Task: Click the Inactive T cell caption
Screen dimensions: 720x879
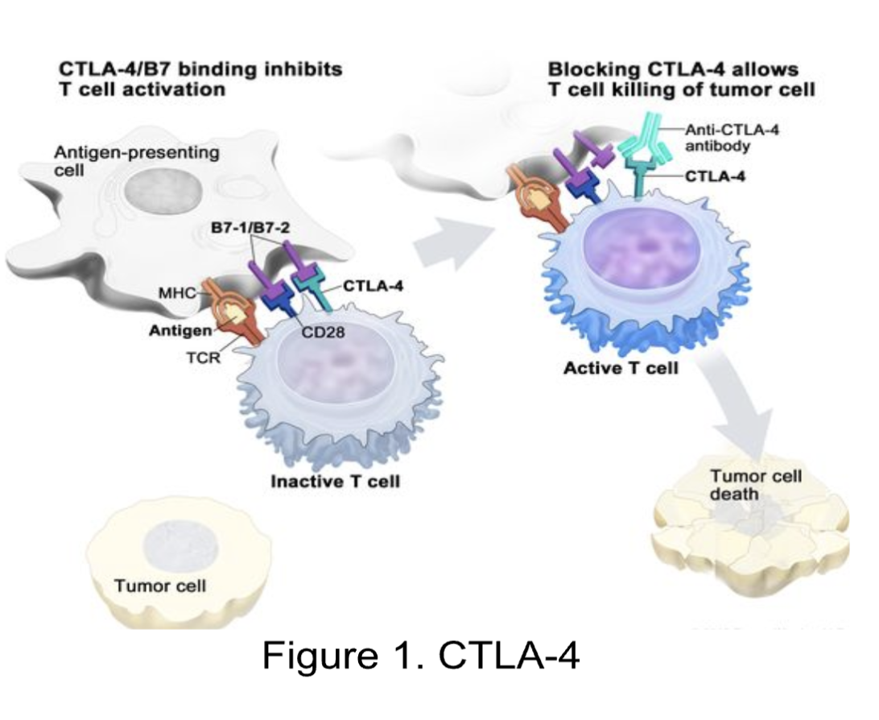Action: click(335, 482)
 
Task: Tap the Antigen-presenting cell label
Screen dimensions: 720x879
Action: click(136, 160)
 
